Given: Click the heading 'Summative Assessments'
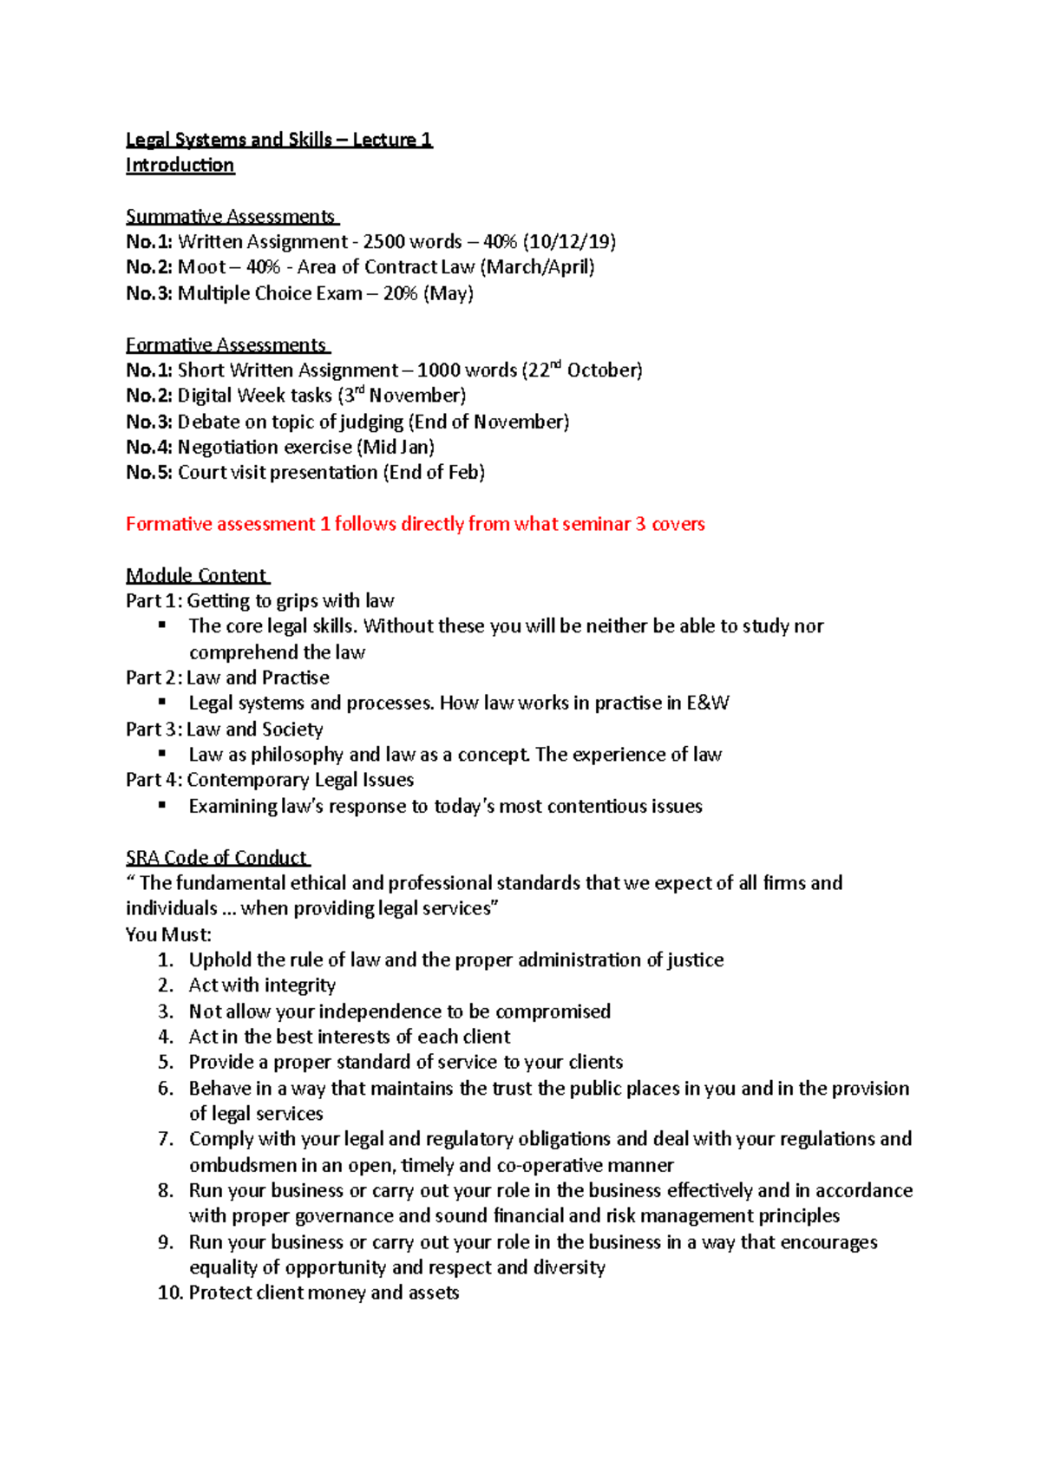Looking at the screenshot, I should click(x=231, y=216).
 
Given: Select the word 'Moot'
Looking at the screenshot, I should click(x=201, y=267).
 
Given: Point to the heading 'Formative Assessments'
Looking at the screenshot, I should click(x=226, y=344).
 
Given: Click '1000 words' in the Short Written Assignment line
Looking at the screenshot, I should click(x=467, y=370).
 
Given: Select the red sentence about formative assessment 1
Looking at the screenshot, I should click(x=415, y=524).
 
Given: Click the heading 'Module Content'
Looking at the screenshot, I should click(x=196, y=575).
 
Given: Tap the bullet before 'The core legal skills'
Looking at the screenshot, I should click(x=161, y=625).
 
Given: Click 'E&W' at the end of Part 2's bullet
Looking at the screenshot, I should click(x=708, y=703).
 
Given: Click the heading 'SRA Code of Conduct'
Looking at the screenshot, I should click(x=216, y=857).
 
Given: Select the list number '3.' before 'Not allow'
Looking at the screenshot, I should click(x=166, y=1011).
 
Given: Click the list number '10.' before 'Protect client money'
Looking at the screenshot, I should click(x=168, y=1293).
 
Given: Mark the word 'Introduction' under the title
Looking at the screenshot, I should click(x=180, y=165).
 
